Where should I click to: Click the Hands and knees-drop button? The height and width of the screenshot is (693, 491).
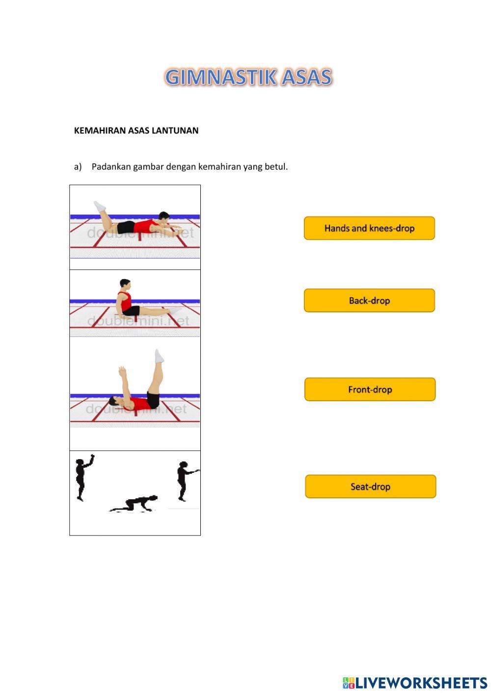[x=369, y=228]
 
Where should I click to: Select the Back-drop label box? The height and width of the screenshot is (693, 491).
[x=369, y=301]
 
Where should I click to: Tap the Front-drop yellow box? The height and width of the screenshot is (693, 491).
[x=370, y=389]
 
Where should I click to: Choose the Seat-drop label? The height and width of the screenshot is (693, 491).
[x=370, y=487]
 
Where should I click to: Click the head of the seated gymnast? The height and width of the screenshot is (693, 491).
[x=125, y=285]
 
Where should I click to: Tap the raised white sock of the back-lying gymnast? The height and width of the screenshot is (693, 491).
[x=159, y=356]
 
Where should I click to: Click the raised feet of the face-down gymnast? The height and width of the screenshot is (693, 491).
[x=100, y=206]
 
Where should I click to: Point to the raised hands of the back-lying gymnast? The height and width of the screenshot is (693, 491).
[x=122, y=372]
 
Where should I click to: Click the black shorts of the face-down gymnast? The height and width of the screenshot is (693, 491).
[x=126, y=227]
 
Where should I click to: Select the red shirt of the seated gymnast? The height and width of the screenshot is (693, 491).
[x=125, y=301]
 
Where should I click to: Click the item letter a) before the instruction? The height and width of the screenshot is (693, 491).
[x=78, y=167]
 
